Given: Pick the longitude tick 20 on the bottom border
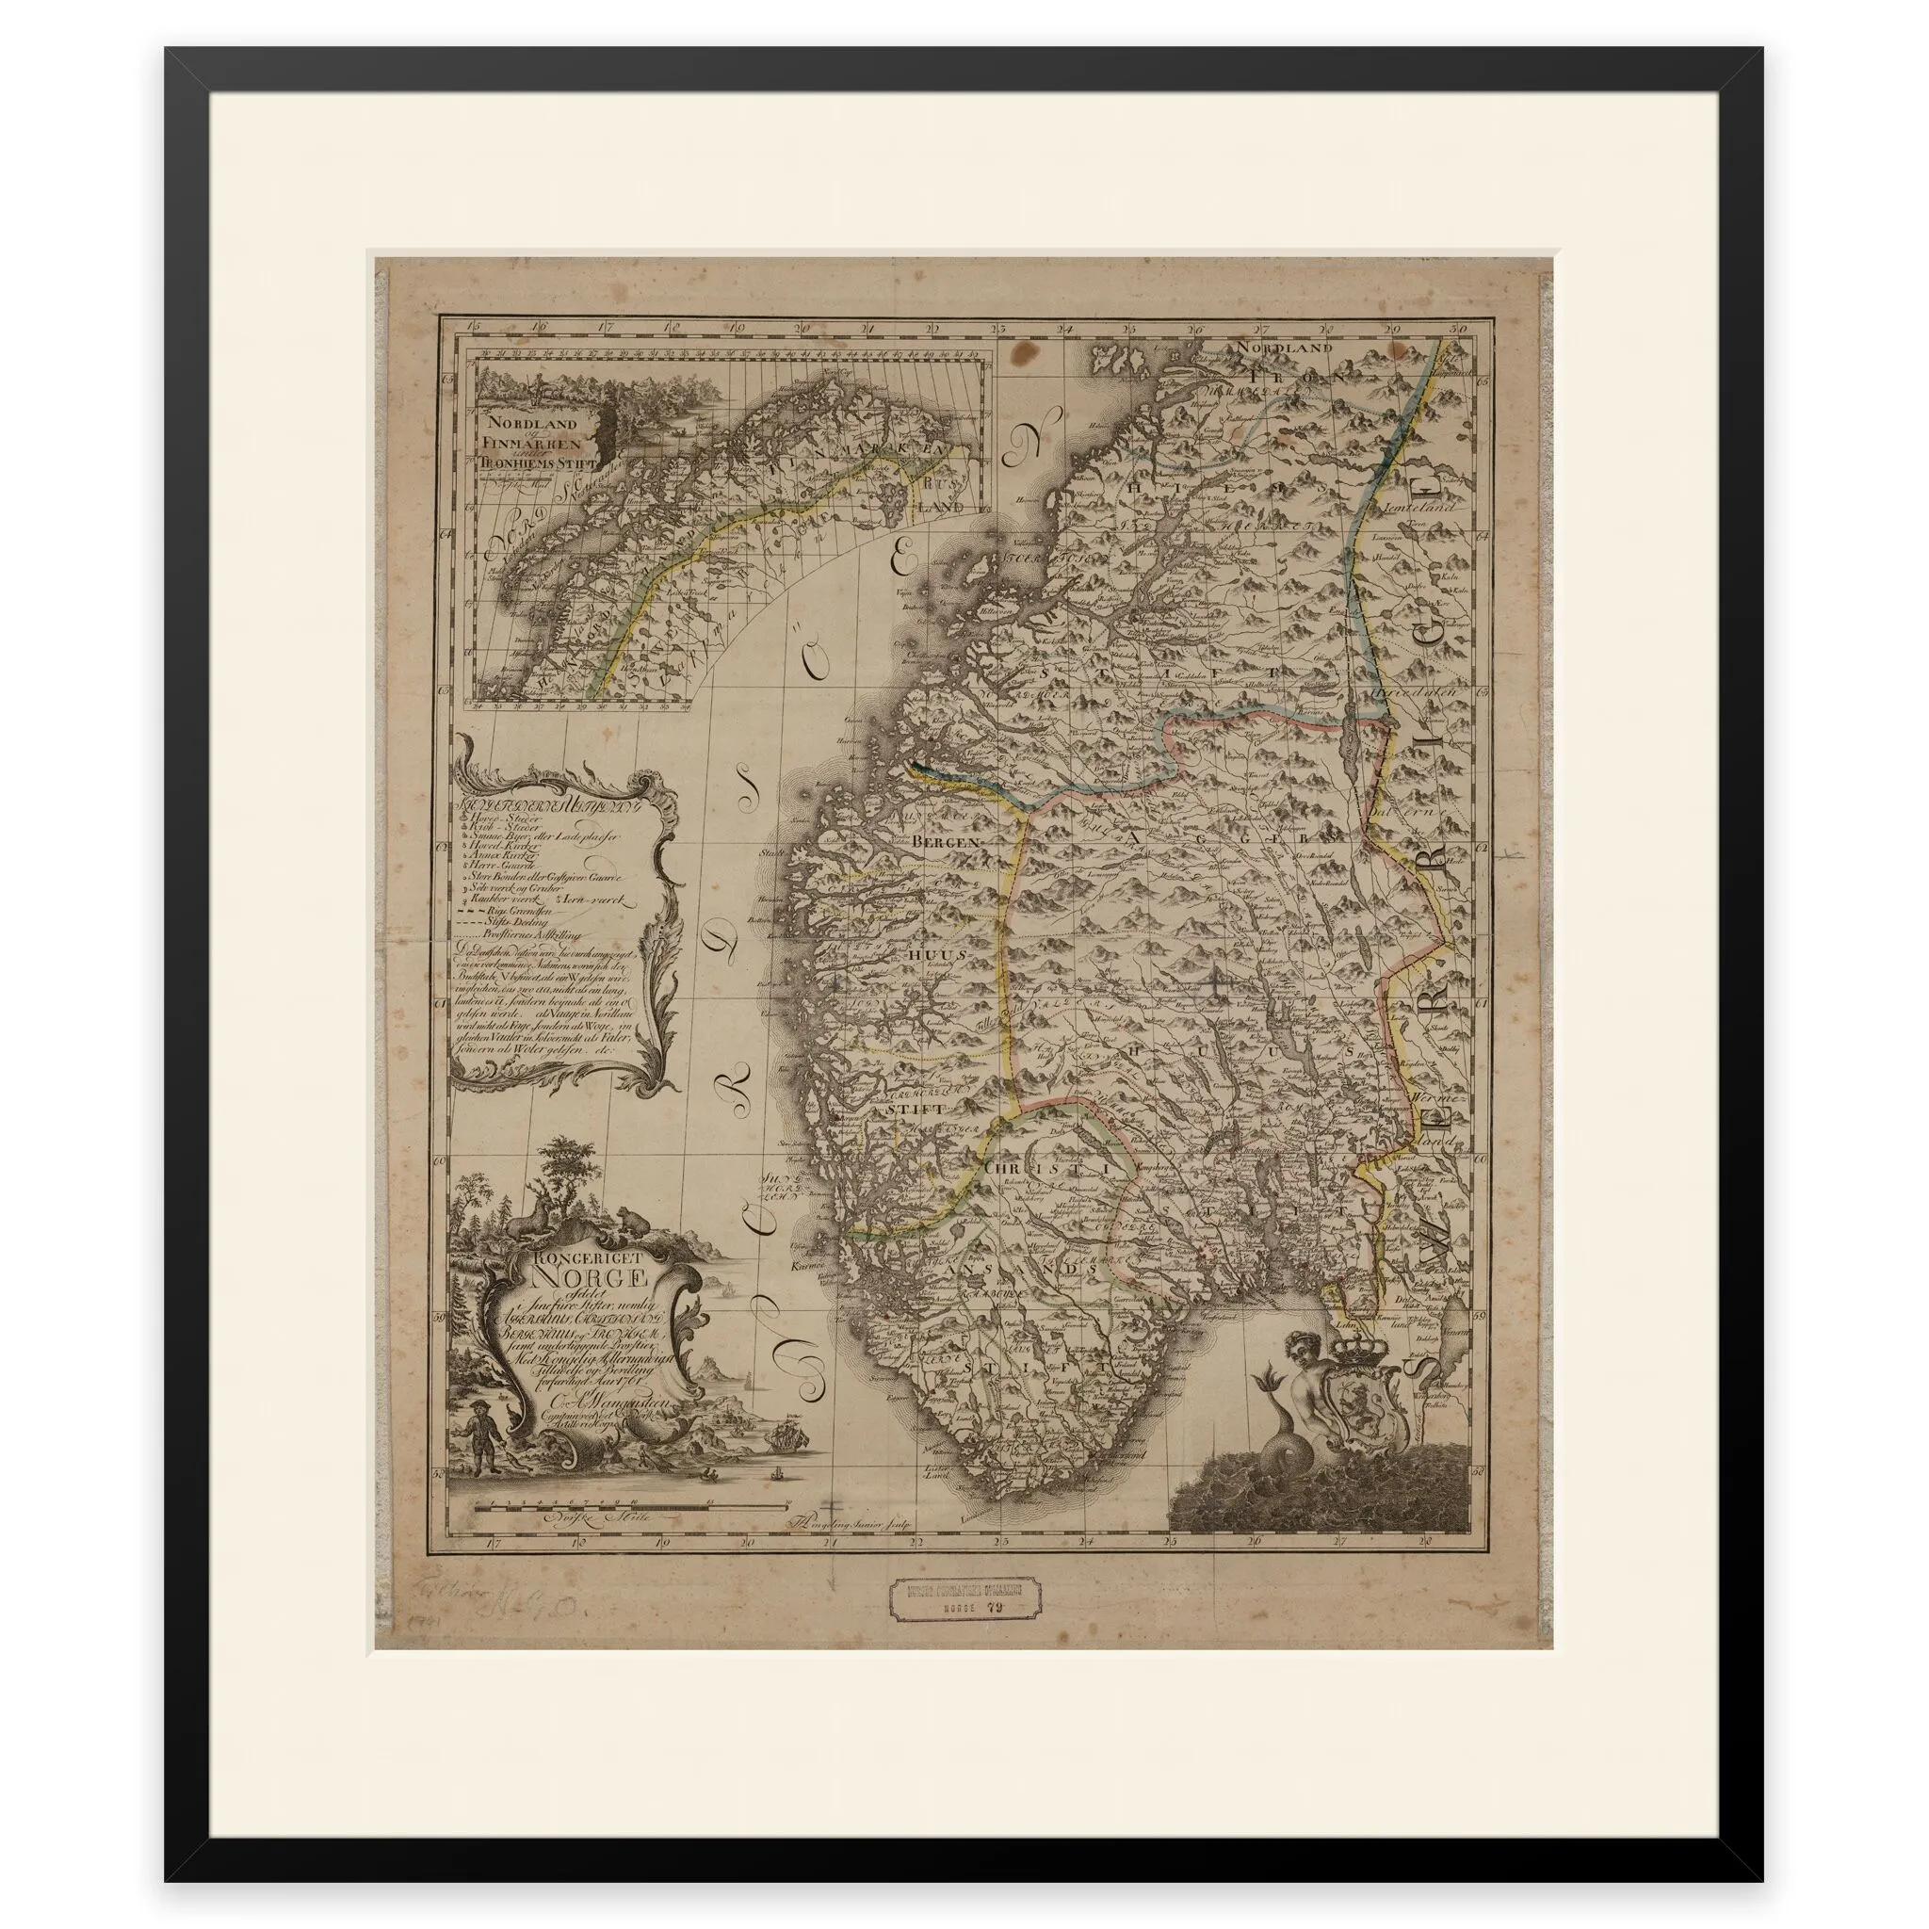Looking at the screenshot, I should (746, 1570).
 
